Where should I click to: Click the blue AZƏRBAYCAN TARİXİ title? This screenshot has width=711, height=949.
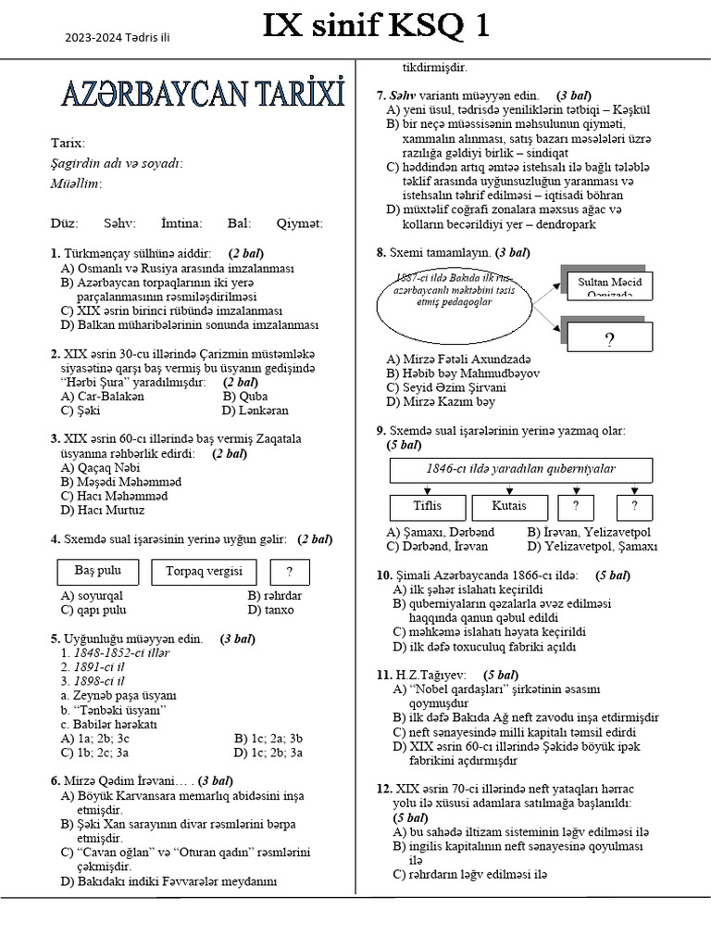pos(203,95)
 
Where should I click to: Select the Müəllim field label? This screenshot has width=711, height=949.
pos(76,183)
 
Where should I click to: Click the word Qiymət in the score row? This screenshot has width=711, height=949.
pos(299,223)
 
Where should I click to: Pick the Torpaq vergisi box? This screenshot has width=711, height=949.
pos(204,571)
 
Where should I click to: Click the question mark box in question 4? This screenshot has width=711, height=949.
pos(290,572)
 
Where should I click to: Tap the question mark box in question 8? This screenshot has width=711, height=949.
pos(609,339)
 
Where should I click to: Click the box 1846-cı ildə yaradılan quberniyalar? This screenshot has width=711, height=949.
pos(520,470)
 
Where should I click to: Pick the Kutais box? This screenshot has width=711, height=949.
pos(509,506)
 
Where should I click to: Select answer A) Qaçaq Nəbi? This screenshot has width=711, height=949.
pos(94,468)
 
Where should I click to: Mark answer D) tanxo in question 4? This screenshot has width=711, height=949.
pos(270,610)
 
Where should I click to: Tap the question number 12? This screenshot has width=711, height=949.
pos(383,788)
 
